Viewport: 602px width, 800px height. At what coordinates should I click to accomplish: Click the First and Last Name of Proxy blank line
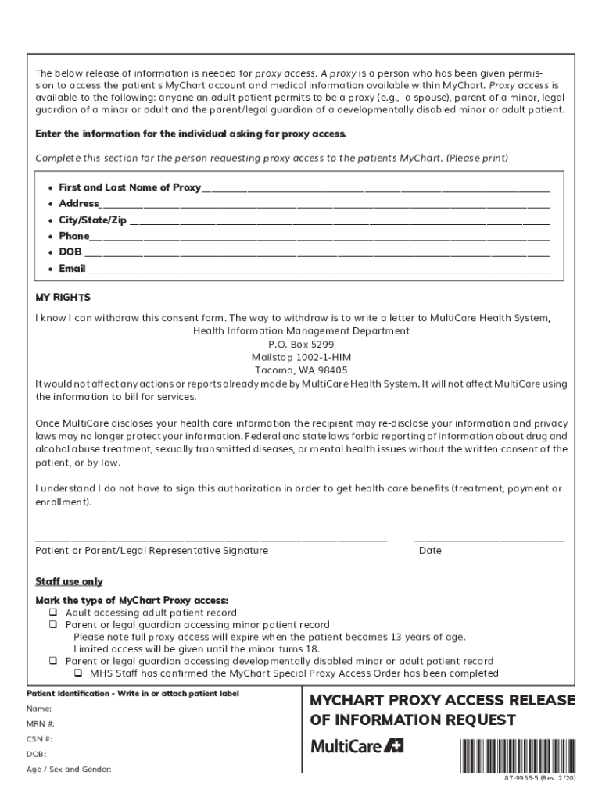coord(375,190)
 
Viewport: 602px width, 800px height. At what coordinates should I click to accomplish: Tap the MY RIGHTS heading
coord(63,298)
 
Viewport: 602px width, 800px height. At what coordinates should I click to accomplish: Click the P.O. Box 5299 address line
coord(301,344)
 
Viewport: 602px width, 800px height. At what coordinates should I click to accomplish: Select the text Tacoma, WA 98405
coord(301,370)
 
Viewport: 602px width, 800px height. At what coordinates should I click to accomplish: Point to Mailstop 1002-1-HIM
coord(301,357)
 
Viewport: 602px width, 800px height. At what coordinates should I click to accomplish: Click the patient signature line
coord(211,539)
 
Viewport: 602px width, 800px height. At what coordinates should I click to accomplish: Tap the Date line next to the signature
coord(489,539)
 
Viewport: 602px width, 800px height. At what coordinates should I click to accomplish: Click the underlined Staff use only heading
coord(69,582)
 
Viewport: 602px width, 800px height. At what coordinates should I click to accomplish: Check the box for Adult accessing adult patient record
coord(54,613)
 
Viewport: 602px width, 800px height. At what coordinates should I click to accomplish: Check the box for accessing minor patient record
coord(54,625)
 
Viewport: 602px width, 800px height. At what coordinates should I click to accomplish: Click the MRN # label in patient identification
coord(41,723)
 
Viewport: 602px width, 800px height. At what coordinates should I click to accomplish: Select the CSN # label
coord(40,738)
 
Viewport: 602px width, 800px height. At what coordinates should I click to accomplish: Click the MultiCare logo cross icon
coord(396,746)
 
